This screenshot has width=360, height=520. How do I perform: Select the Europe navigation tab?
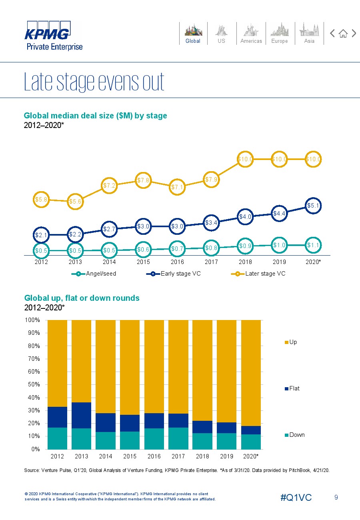(280, 33)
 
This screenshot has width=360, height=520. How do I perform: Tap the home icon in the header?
(343, 34)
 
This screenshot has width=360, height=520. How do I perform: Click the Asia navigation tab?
(309, 33)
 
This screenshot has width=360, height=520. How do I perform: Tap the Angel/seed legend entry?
(94, 274)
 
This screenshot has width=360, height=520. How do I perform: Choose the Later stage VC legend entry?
(258, 274)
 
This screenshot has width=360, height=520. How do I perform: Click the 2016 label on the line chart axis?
(177, 262)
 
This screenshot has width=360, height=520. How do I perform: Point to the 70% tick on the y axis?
(32, 359)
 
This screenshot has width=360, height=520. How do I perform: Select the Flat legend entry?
(292, 388)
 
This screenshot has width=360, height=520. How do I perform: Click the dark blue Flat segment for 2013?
(81, 415)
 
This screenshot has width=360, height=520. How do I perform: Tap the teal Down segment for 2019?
(226, 441)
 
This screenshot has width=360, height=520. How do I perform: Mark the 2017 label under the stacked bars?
(178, 456)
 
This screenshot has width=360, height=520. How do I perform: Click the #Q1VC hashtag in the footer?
(296, 498)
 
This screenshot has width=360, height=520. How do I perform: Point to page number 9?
(336, 497)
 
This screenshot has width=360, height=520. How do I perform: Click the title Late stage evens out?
(94, 82)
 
